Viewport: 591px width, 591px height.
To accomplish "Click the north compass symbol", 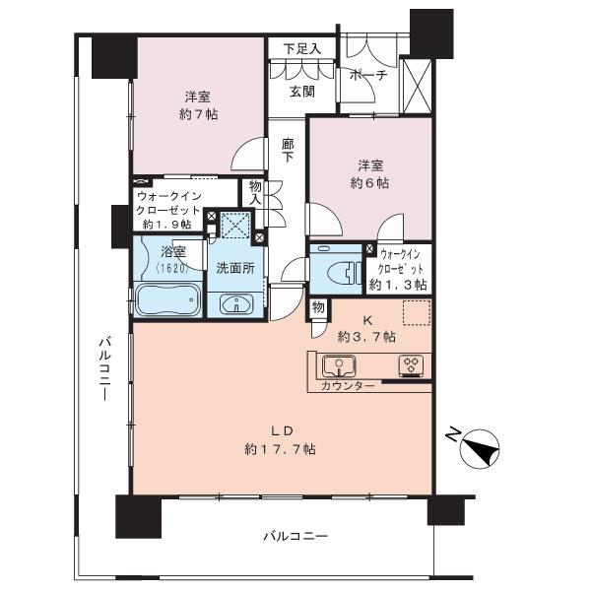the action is [x=481, y=448].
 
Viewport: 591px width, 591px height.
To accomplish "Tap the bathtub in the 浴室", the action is [x=168, y=299].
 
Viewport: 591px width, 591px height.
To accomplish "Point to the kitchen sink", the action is [x=339, y=365].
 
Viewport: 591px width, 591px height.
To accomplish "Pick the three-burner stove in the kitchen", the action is [x=411, y=365].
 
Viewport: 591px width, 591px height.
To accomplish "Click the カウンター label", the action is [x=348, y=386].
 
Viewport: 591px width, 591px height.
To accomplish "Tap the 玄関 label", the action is [x=302, y=92].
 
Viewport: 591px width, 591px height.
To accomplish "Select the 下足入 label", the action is [x=302, y=49].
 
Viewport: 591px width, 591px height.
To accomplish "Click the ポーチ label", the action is [x=367, y=75].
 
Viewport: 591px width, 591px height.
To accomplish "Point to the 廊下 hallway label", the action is [x=289, y=150].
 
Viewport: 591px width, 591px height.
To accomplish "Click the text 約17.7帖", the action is [x=281, y=449].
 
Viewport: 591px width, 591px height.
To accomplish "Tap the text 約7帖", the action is [x=198, y=114].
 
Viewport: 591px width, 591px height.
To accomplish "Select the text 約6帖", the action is [x=370, y=183].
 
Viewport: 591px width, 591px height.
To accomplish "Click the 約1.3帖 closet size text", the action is [x=398, y=285].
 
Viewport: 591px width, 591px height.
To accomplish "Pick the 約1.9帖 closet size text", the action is [x=167, y=225].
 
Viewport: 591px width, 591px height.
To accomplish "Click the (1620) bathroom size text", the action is [x=171, y=268].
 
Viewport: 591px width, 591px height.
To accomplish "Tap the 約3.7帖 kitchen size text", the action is [x=366, y=337].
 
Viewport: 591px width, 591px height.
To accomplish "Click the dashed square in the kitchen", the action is [x=417, y=312].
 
